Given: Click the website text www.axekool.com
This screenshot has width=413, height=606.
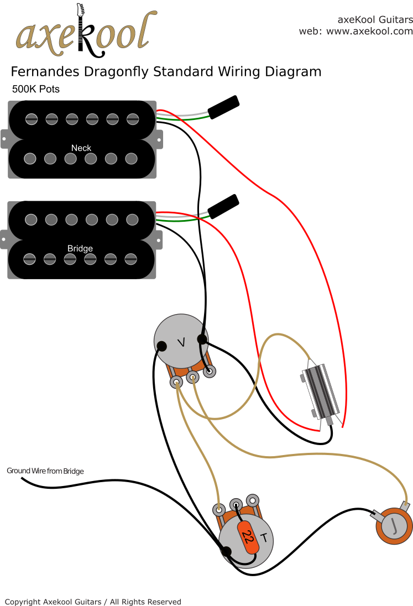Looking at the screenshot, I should coord(369,32).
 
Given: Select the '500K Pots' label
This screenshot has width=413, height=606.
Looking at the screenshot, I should coord(35,89).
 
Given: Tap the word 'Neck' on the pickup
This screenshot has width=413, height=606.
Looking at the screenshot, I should coord(81,148).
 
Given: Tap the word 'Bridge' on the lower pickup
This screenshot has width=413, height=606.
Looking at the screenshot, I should coord(80,248).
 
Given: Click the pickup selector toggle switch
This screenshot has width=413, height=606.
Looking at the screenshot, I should coord(319,391).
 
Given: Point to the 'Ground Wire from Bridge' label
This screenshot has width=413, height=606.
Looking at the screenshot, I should coord(45,471).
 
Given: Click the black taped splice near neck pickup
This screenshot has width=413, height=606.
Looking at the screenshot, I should coord(223,105).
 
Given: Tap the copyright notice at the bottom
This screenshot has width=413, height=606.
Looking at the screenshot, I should coord(93,602).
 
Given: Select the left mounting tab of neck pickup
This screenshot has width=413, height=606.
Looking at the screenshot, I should coord(4,139).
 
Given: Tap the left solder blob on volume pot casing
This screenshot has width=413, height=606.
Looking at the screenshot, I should coord(162,347).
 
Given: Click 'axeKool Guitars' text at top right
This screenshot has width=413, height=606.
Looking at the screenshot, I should coord(375,20).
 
